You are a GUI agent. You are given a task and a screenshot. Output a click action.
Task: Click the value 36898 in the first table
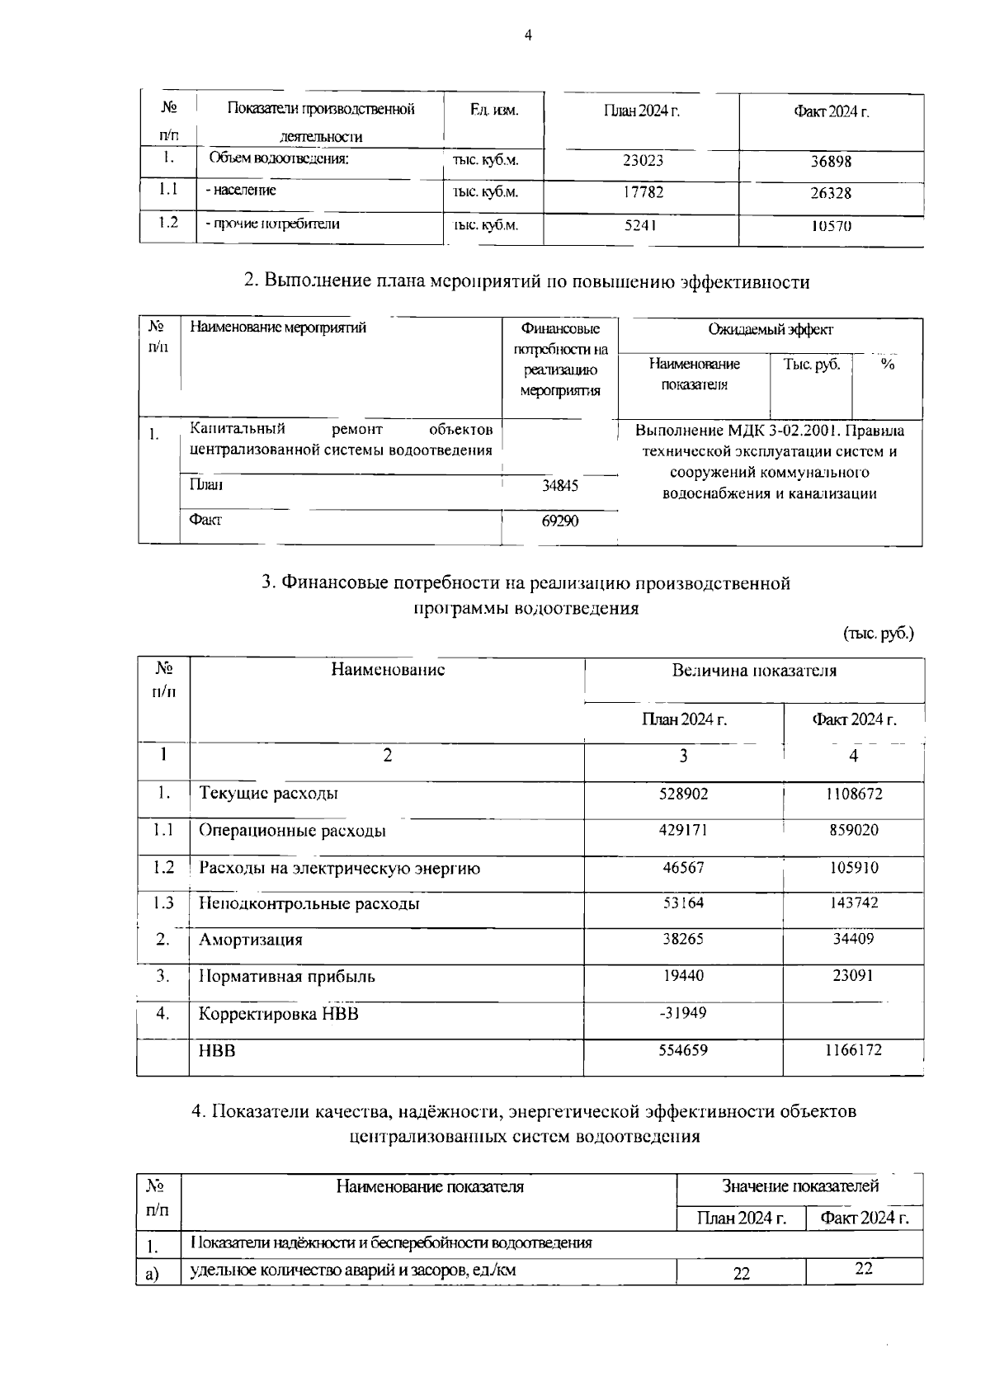point(831,162)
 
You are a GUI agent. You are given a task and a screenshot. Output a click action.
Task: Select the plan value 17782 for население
point(643,192)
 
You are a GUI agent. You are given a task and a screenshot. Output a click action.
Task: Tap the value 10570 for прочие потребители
point(831,226)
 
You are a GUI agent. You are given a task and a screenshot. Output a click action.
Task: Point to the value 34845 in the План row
point(559,486)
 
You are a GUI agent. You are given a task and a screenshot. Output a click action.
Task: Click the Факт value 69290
point(559,521)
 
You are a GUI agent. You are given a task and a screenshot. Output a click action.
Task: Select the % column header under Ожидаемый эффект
point(887,365)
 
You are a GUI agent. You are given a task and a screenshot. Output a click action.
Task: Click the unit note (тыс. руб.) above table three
point(878,634)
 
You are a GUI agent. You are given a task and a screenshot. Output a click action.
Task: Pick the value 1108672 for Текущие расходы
point(854,794)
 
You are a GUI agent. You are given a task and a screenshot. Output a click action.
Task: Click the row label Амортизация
point(251,940)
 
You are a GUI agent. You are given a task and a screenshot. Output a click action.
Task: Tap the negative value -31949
point(682,1013)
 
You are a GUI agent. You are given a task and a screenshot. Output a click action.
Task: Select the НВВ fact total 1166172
point(853,1050)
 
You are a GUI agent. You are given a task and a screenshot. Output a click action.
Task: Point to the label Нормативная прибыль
point(287,977)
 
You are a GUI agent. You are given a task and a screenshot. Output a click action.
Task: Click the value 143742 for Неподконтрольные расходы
point(854,903)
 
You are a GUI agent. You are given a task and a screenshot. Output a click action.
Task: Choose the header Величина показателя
point(754,671)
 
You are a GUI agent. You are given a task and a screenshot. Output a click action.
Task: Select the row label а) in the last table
point(152,1275)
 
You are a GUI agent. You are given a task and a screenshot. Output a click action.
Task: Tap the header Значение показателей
point(800,1186)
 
